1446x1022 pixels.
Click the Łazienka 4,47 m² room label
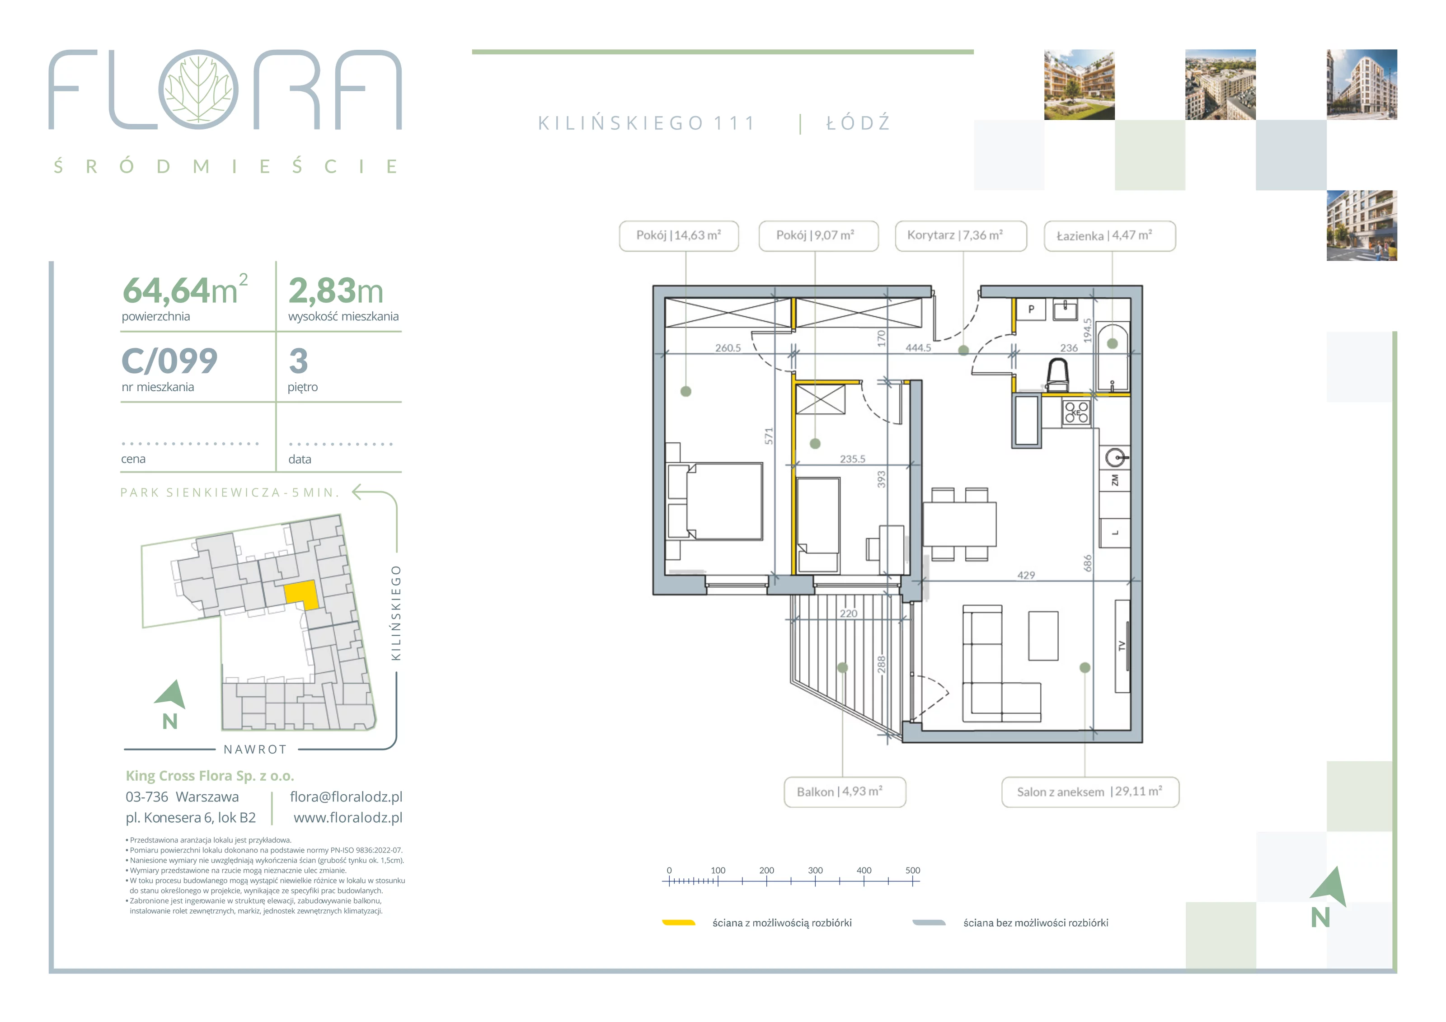tap(1110, 236)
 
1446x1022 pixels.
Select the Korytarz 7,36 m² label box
tap(960, 236)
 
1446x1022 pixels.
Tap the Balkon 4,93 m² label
tap(845, 792)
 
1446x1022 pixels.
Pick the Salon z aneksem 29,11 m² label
tap(1090, 792)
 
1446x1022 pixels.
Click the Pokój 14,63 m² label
tap(679, 236)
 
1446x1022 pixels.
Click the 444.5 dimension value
tap(918, 347)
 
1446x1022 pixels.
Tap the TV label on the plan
tap(1121, 646)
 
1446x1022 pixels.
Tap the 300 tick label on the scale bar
tap(815, 870)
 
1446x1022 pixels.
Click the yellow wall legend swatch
tap(678, 923)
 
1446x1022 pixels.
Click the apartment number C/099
tap(169, 361)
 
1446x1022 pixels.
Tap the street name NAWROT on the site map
tap(256, 750)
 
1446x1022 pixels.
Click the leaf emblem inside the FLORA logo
tap(198, 89)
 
